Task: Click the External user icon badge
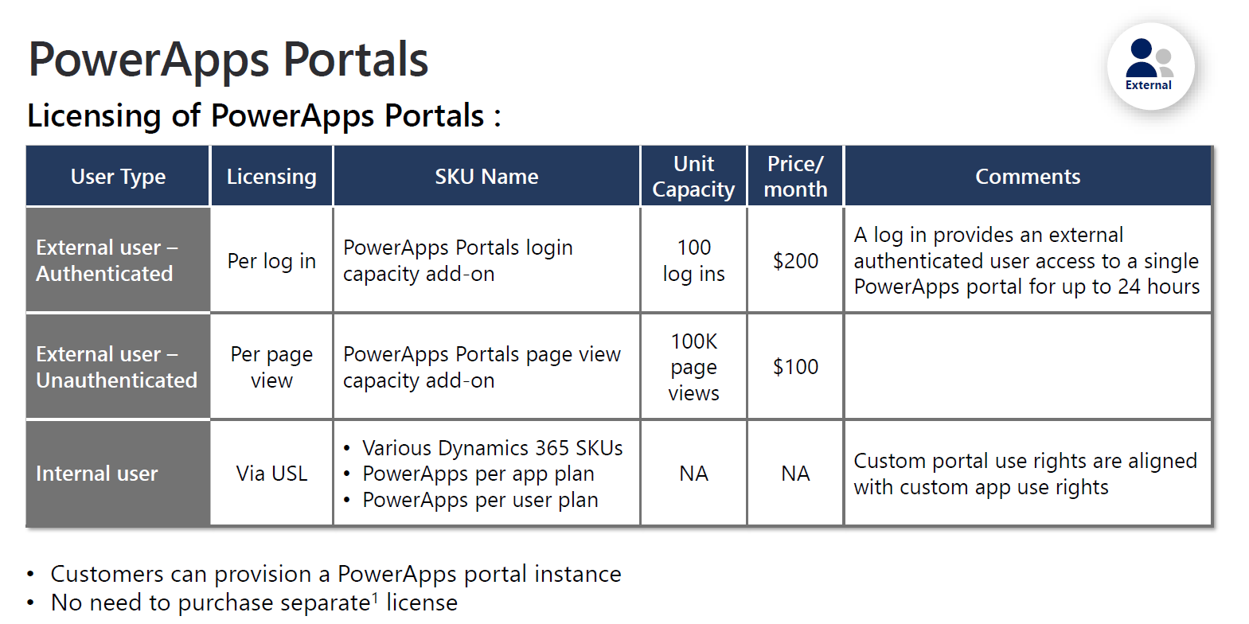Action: (x=1150, y=65)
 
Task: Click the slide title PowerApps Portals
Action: (x=228, y=60)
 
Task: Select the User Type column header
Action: (x=118, y=177)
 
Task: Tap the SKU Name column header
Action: (x=486, y=177)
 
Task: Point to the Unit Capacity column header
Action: (x=693, y=177)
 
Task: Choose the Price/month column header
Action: (x=795, y=177)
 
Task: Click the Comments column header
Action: (x=1028, y=177)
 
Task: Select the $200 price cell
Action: (x=795, y=261)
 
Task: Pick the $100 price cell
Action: (x=795, y=367)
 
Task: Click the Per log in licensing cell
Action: (x=271, y=261)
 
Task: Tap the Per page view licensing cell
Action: (x=271, y=367)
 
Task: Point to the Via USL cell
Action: (x=271, y=474)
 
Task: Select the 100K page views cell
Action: (x=693, y=367)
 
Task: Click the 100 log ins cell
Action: (x=693, y=260)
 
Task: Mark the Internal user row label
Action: (x=97, y=474)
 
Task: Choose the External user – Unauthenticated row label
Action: (x=116, y=367)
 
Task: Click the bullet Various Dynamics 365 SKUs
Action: (x=492, y=448)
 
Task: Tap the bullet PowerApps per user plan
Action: (x=480, y=500)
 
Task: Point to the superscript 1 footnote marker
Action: (x=376, y=596)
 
